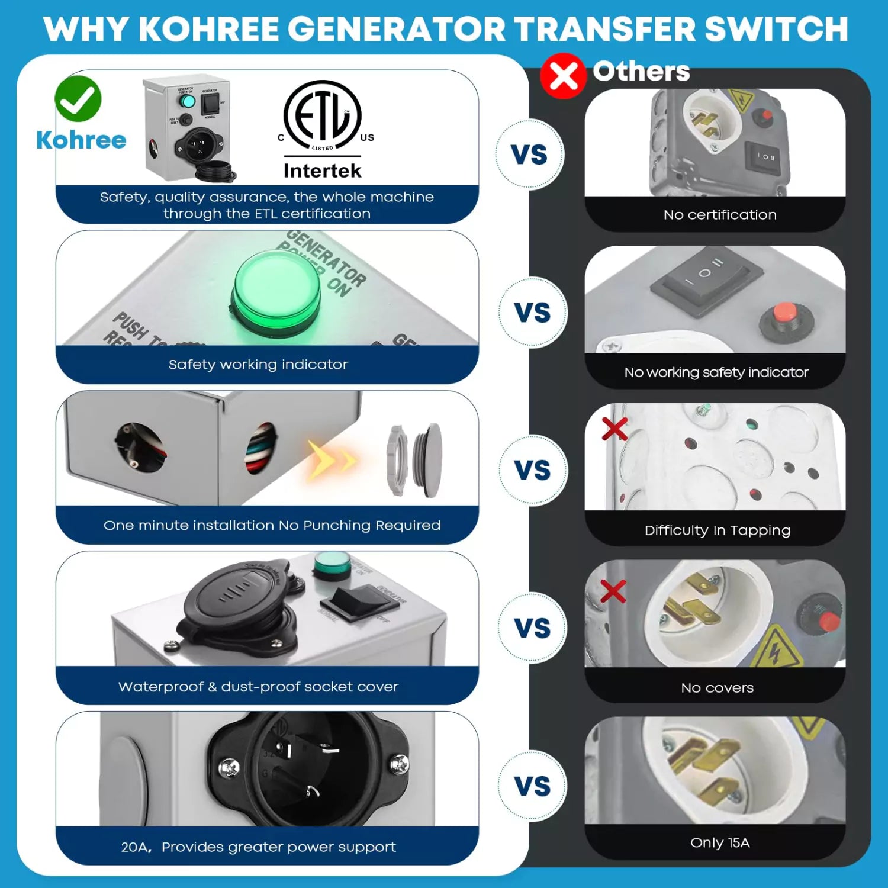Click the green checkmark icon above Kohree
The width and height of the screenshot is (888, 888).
tap(78, 99)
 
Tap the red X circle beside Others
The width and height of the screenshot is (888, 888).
tap(562, 76)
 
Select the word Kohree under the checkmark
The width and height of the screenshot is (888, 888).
tap(81, 140)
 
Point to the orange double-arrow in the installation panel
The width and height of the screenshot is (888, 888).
tap(332, 459)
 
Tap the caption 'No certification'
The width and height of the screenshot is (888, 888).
tap(719, 215)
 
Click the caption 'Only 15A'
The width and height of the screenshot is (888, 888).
tap(719, 842)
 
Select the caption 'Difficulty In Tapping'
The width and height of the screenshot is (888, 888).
tap(717, 530)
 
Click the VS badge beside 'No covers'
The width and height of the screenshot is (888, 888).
tap(532, 628)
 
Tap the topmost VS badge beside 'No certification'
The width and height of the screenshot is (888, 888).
tap(529, 155)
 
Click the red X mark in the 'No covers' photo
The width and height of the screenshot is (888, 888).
tap(613, 591)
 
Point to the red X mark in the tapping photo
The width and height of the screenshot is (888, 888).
tap(614, 428)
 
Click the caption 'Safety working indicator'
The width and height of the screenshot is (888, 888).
tap(258, 365)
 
